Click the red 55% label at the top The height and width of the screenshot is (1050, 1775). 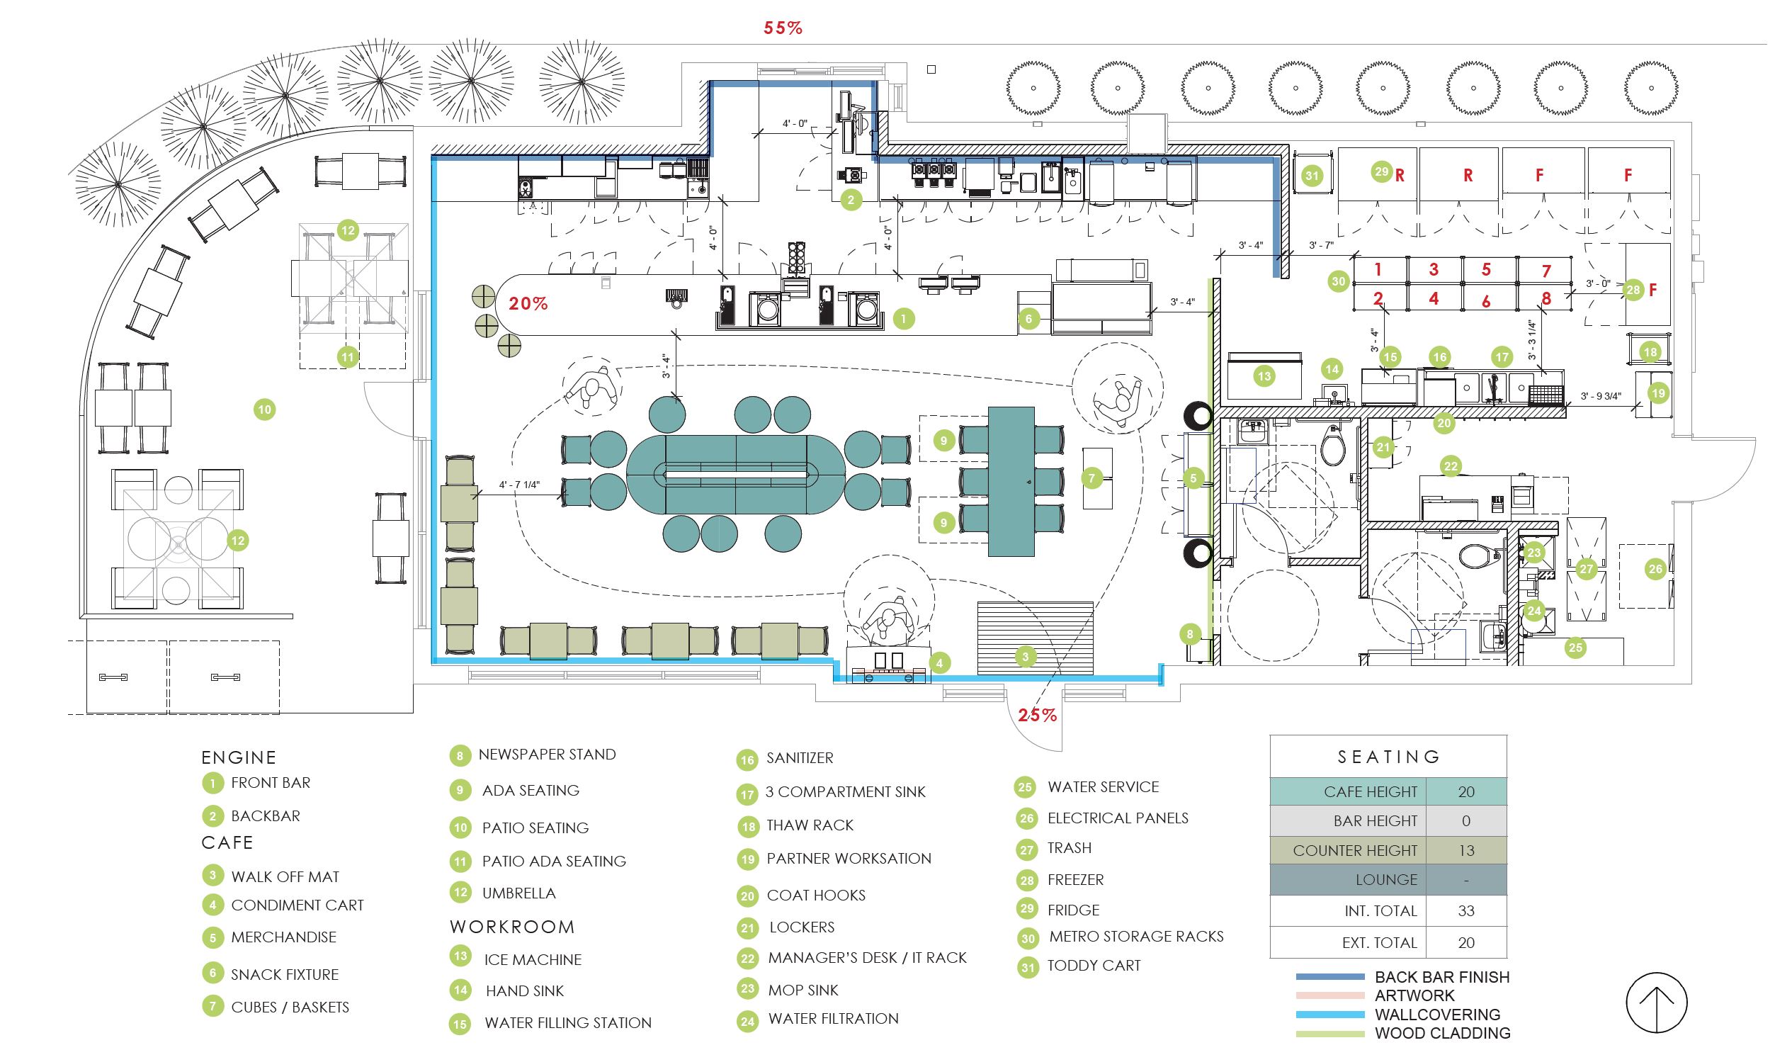(x=783, y=28)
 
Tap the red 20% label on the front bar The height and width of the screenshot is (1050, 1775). (x=528, y=303)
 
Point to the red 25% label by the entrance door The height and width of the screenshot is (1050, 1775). (x=1038, y=715)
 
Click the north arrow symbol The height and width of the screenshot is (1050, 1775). (x=1656, y=1002)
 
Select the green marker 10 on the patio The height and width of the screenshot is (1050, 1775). (x=264, y=409)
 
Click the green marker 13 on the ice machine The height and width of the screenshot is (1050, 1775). (x=1264, y=376)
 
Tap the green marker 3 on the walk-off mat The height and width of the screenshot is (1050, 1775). (x=1025, y=657)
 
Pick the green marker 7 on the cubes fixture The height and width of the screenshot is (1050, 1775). (x=1091, y=478)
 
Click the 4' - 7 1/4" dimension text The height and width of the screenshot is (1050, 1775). (x=519, y=485)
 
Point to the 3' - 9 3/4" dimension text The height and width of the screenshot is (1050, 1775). (x=1600, y=396)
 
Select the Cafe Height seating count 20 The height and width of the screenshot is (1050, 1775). (x=1465, y=791)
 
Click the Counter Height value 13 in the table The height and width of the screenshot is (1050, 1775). (x=1465, y=850)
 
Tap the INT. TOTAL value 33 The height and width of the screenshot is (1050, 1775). (x=1465, y=910)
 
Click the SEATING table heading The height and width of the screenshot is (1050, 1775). (x=1388, y=757)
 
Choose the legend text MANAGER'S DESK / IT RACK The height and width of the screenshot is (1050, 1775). (x=867, y=958)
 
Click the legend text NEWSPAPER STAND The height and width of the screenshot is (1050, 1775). (x=547, y=754)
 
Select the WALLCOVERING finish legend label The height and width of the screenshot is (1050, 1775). (x=1437, y=1014)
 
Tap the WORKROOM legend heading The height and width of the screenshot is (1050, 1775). (x=512, y=927)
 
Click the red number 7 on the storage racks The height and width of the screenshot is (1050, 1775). (x=1546, y=271)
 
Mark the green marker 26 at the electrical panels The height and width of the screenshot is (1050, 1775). (x=1655, y=568)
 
